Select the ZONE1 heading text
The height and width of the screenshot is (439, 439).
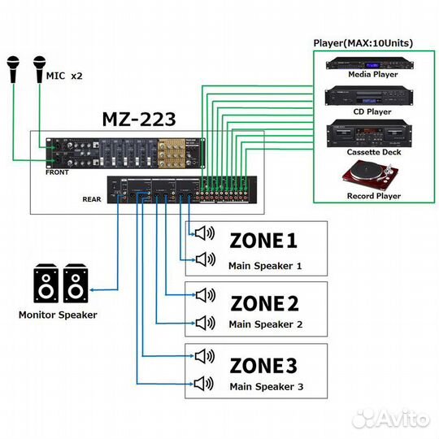pos(264,241)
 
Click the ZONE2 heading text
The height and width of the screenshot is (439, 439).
pos(264,304)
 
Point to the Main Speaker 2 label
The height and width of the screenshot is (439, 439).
pos(265,324)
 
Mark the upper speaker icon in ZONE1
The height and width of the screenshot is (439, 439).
pos(203,234)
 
